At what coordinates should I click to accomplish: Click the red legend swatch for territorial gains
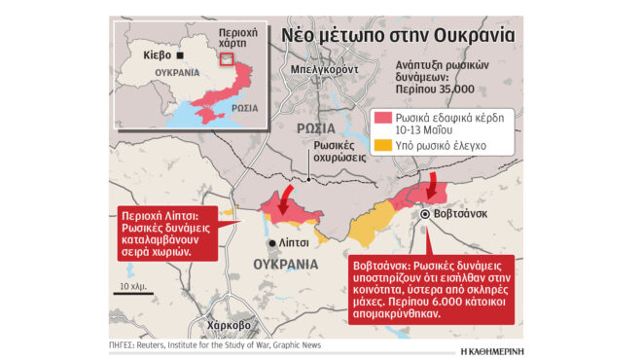click(x=382, y=120)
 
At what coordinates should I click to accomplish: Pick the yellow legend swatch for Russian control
click(x=382, y=146)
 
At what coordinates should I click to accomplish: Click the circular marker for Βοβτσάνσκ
click(x=426, y=214)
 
